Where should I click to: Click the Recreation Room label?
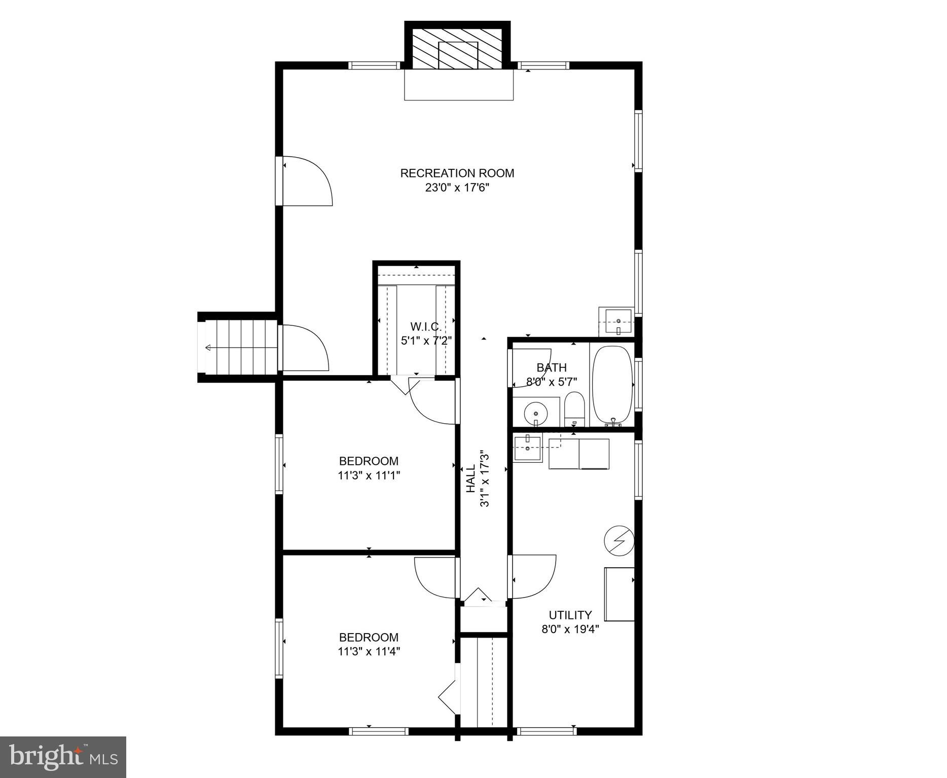pyautogui.click(x=457, y=173)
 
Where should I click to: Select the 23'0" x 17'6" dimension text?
pyautogui.click(x=457, y=188)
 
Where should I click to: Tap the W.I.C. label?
pyautogui.click(x=426, y=326)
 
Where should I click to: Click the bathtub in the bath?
pyautogui.click(x=613, y=384)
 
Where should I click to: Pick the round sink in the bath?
pyautogui.click(x=535, y=413)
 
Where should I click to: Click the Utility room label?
pyautogui.click(x=570, y=615)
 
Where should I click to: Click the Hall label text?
pyautogui.click(x=471, y=478)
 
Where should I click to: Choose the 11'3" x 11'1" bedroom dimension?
pyautogui.click(x=369, y=475)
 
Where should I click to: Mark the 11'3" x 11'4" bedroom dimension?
pyautogui.click(x=369, y=651)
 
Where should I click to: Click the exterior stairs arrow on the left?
pyautogui.click(x=209, y=347)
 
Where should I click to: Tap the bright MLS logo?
pyautogui.click(x=63, y=757)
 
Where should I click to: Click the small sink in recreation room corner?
pyautogui.click(x=616, y=321)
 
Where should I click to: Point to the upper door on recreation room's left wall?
pyautogui.click(x=307, y=181)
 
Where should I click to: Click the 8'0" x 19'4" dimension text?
pyautogui.click(x=570, y=629)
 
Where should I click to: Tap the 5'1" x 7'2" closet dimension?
pyautogui.click(x=426, y=341)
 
